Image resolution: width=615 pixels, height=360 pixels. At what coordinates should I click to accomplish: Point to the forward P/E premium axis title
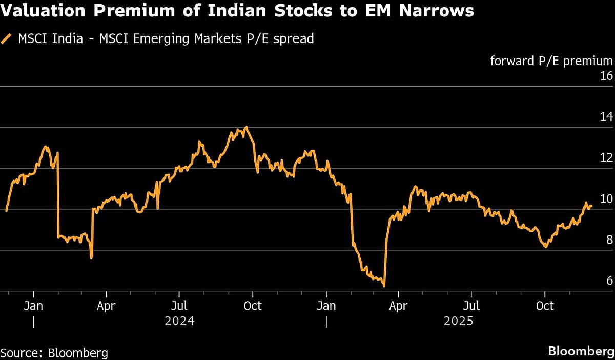(551, 61)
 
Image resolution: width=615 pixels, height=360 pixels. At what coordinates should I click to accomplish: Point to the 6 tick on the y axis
(609, 281)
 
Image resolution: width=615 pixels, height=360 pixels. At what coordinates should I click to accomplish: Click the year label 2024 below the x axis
(179, 322)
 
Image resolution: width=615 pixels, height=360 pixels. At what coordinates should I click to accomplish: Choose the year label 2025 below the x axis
(458, 322)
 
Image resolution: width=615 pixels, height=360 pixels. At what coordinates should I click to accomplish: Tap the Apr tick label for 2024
(106, 306)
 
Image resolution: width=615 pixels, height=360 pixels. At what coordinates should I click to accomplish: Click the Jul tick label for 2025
(471, 306)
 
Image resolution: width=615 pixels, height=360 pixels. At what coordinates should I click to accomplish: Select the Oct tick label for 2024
(252, 306)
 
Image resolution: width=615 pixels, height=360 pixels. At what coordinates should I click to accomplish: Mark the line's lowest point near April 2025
(384, 286)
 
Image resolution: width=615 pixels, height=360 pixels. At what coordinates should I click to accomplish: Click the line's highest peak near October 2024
(247, 127)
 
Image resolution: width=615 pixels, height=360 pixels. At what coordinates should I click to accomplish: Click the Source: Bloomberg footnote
(54, 353)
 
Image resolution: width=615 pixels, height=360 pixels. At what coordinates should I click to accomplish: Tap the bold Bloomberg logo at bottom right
(580, 352)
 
